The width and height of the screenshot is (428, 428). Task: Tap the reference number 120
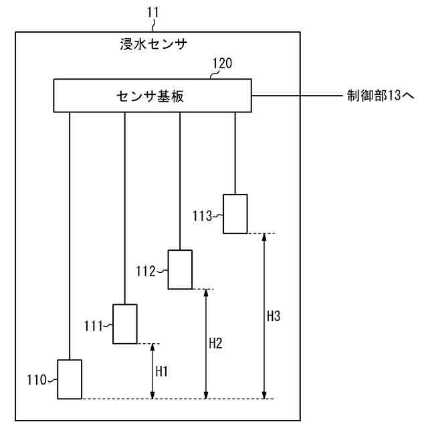coord(222,64)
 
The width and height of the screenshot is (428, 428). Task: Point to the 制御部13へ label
coord(379,96)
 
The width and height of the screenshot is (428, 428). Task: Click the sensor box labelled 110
coord(69,379)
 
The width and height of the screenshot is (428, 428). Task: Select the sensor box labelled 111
coord(124,324)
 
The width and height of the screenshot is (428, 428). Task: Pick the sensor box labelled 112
coord(180,270)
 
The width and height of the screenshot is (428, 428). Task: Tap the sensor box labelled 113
coord(235,214)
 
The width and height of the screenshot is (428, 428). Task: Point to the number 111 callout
coord(94,326)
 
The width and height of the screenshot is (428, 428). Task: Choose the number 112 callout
coord(144,271)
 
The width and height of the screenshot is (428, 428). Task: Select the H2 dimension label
coord(215,343)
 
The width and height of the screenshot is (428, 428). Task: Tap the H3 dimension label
coord(273,316)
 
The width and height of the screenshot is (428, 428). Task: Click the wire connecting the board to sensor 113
coord(235,154)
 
